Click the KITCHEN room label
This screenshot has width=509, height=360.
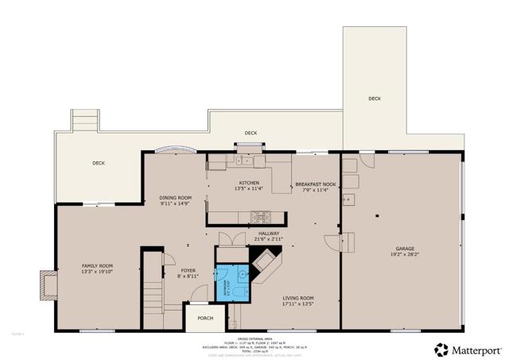point(247,183)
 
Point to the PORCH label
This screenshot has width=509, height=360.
point(205,319)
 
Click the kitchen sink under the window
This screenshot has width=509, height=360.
point(243,162)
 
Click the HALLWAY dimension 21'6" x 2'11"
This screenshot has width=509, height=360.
point(268,238)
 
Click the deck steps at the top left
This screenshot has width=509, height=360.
point(84,122)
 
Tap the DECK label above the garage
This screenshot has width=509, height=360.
point(374,99)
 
